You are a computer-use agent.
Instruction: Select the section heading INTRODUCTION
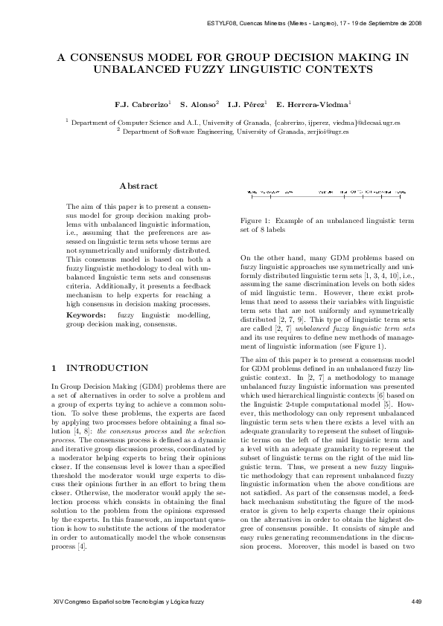107,368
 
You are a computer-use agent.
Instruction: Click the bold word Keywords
85,316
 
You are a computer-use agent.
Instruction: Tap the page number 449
416,601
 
